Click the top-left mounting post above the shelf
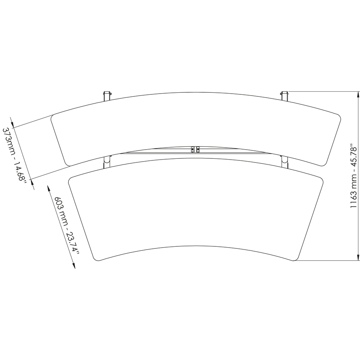[107, 96]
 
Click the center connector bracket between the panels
[196, 150]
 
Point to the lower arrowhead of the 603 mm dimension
[74, 266]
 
